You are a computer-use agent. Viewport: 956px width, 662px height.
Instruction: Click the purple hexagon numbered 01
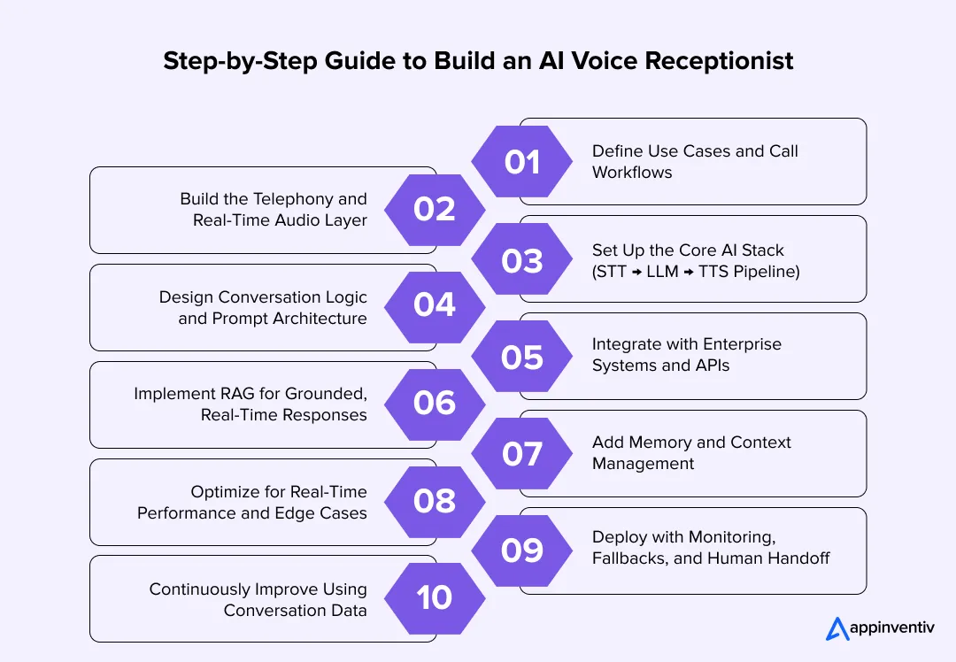[522, 162]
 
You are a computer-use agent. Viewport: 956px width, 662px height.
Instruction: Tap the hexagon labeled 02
[435, 210]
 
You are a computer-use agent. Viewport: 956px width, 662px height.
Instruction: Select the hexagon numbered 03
[522, 260]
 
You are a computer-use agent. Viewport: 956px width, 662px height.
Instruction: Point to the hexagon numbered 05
[522, 357]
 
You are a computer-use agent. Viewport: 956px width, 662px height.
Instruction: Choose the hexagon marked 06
[435, 404]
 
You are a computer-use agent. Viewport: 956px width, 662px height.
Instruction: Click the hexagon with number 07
[522, 454]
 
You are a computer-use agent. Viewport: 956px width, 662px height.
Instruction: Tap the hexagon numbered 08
[435, 501]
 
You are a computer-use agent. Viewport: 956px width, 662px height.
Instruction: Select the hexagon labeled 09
[522, 550]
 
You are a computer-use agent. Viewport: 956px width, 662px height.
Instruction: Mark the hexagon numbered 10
[435, 598]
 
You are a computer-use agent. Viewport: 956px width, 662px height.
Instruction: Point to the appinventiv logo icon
[837, 628]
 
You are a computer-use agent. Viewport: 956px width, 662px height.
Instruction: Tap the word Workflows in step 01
[631, 173]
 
